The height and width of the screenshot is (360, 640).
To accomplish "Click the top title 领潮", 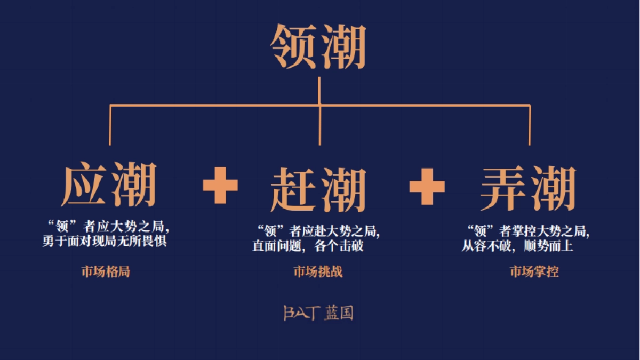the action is (318, 47).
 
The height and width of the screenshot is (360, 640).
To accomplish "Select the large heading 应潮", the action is (110, 186).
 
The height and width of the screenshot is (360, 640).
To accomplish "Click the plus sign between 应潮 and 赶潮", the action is (220, 185).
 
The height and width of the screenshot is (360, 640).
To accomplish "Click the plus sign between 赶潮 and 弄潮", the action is (427, 185).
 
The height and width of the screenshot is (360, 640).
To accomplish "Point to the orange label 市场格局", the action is (106, 271).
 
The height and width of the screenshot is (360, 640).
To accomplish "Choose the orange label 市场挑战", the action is (318, 271).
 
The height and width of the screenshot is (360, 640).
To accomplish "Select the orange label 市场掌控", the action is (534, 271).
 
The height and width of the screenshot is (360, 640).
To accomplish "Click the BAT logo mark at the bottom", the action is (301, 313).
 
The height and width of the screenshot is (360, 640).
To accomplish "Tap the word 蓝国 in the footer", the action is (339, 313).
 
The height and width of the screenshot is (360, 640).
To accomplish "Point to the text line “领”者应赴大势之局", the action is (318, 231).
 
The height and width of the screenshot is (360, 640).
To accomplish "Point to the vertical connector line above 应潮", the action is (110, 125).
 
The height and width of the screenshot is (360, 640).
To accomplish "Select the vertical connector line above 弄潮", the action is (529, 125).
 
